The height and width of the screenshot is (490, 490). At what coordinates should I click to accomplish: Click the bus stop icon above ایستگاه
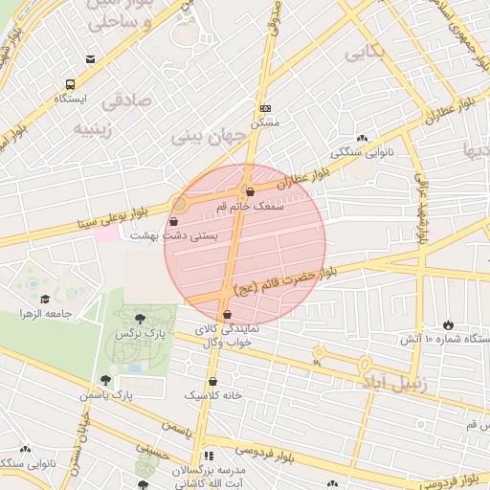point(70,84)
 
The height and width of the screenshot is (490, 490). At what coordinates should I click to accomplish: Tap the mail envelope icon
point(90,59)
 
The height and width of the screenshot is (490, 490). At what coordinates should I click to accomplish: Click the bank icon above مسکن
point(265,109)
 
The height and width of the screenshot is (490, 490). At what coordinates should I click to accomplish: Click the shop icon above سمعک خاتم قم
point(250,191)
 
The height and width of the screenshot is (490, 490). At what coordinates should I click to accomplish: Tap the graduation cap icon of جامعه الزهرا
point(46,300)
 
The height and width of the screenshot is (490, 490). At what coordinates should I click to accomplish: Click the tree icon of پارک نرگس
point(141,319)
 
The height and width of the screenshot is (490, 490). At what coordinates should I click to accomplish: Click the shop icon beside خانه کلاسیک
point(212,381)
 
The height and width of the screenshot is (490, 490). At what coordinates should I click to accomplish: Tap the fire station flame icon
point(450,325)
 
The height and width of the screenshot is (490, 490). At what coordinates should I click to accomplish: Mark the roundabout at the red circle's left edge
point(179,204)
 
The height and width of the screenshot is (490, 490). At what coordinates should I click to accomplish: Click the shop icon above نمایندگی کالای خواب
point(227,314)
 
